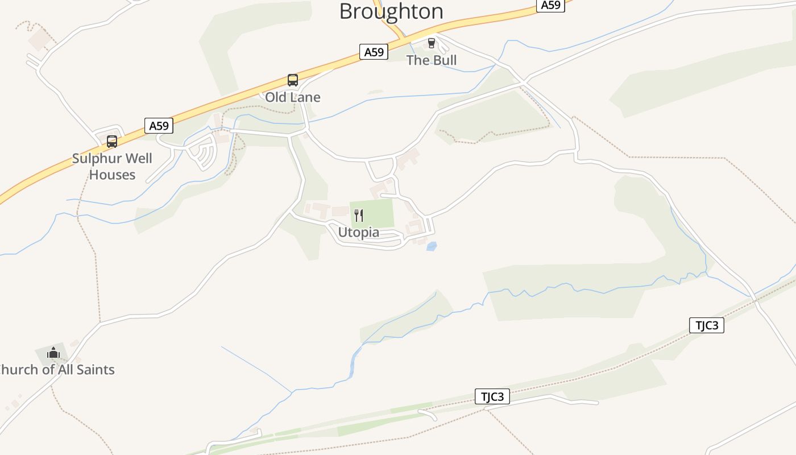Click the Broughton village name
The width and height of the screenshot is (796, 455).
pos(391,11)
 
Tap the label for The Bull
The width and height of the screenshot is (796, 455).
pos(432,60)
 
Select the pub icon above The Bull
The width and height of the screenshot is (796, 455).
pos(431,43)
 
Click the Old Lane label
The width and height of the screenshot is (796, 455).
pos(293,97)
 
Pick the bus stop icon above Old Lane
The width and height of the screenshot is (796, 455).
pos(293,80)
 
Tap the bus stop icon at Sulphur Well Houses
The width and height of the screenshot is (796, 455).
pos(112,142)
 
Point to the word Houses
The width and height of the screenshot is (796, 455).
pos(113,175)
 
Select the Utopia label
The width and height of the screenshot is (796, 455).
pos(359,233)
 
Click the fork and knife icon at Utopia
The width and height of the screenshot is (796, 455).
pos(359,215)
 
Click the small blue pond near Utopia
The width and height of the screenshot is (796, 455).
pos(432,246)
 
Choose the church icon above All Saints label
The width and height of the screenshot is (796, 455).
pos(53,353)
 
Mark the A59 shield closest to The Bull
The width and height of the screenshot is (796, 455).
pos(374,52)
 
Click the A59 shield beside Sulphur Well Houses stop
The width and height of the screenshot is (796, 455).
pos(159,126)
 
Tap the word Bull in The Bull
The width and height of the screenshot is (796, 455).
pos(444,60)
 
